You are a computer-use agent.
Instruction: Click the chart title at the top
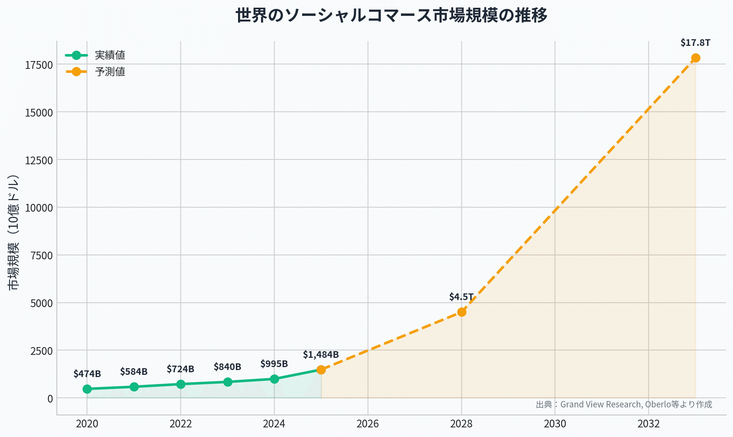click(x=391, y=16)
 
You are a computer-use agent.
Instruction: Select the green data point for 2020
click(x=87, y=389)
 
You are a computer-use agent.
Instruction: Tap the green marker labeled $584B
click(x=134, y=387)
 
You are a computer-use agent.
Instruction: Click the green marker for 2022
click(x=181, y=384)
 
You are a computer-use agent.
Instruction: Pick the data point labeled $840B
click(x=228, y=382)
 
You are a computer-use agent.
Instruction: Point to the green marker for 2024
click(x=274, y=379)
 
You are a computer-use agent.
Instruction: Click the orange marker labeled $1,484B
click(x=321, y=370)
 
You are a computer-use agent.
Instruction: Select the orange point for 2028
click(x=462, y=312)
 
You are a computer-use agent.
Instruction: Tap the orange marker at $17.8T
click(x=696, y=58)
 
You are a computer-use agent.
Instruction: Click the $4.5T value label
click(x=461, y=297)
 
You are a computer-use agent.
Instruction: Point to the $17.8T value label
click(x=695, y=43)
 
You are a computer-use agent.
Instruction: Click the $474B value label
click(x=87, y=374)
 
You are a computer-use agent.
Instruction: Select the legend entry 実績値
click(x=110, y=55)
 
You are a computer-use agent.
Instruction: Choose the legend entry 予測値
click(x=110, y=72)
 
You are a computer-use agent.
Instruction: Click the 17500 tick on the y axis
click(x=39, y=65)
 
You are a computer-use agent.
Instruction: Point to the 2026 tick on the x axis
click(x=368, y=424)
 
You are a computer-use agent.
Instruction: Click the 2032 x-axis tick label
click(x=649, y=424)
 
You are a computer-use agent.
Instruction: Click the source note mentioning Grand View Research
click(x=624, y=404)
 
